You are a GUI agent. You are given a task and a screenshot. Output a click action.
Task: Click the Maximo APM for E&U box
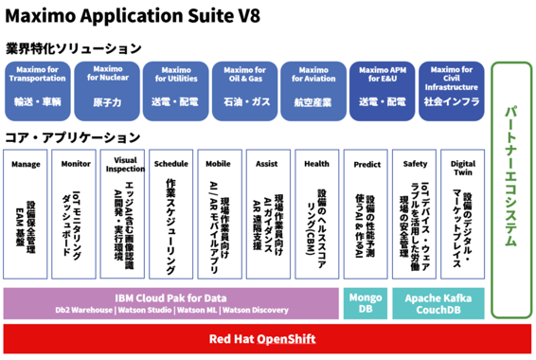tap(382, 86)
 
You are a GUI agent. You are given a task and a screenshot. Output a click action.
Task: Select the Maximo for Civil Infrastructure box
tap(451, 86)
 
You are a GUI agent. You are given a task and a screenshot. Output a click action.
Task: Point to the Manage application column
tap(26, 214)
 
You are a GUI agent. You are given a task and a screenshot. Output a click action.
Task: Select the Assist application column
tap(268, 214)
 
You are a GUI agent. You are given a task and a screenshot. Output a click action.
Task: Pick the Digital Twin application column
tap(462, 214)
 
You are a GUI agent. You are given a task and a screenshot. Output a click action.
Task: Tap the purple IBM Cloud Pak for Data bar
tap(170, 302)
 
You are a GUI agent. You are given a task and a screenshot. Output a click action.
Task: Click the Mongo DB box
tap(366, 302)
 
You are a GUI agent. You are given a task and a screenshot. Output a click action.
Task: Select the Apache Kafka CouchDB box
tap(438, 302)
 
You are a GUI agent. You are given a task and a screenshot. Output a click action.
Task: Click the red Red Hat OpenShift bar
tap(268, 338)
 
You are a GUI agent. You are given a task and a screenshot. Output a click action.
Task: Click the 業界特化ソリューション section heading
tap(73, 47)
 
